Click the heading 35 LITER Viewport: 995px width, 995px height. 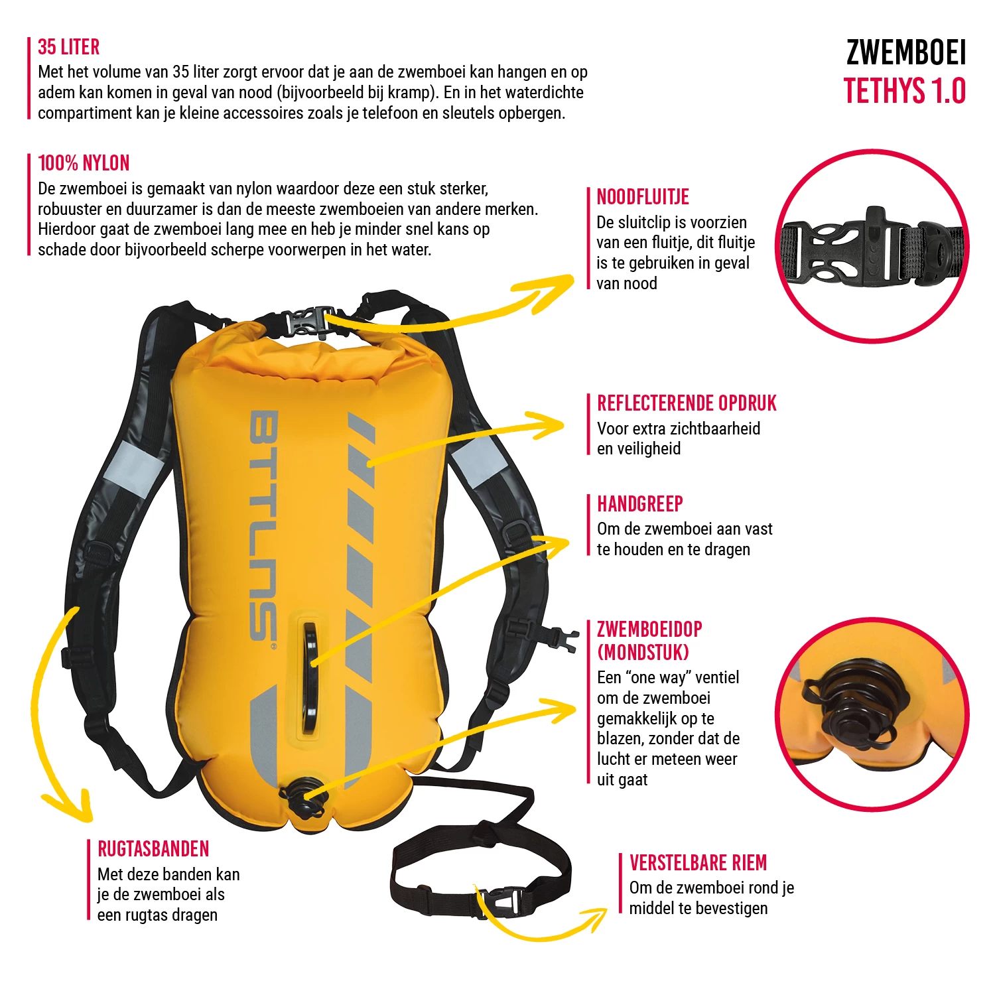click(68, 47)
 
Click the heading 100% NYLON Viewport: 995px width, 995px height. click(84, 163)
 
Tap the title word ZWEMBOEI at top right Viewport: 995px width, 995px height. click(905, 53)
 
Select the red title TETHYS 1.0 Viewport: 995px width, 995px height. click(905, 92)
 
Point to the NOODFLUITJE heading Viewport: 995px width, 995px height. click(643, 197)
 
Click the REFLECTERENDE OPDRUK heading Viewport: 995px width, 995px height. click(687, 403)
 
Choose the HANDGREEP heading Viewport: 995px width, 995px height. click(639, 504)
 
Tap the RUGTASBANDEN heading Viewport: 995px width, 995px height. click(153, 849)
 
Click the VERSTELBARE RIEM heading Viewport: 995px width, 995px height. click(698, 863)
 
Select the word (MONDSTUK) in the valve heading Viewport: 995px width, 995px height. click(643, 653)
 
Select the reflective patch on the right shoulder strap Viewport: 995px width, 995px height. click(476, 460)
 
